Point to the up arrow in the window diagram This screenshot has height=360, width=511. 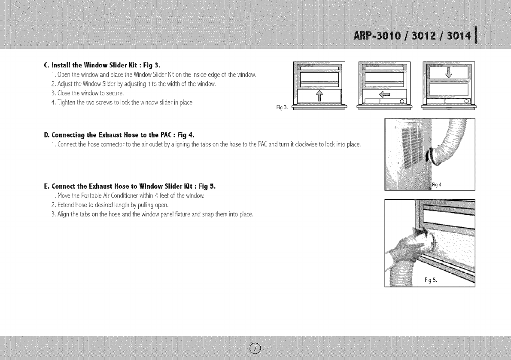coord(319,97)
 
